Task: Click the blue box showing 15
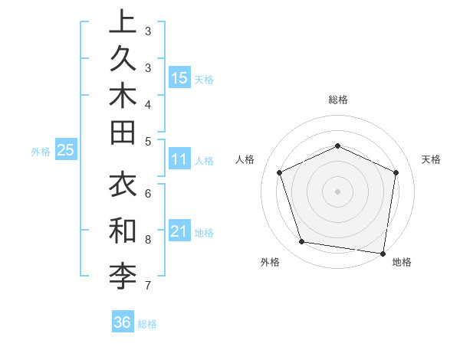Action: coord(179,77)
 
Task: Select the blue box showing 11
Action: coord(179,160)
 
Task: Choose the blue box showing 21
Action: coord(179,232)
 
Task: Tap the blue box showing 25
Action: coord(65,151)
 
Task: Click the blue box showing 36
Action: coord(123,322)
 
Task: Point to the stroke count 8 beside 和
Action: coord(147,240)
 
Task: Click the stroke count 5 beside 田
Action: coord(147,140)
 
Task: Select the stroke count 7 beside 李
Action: coord(147,286)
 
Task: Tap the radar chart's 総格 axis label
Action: coord(337,100)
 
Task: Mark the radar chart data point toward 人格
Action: coord(280,172)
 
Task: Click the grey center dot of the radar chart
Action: coord(337,191)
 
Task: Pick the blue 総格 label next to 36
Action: coord(147,324)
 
